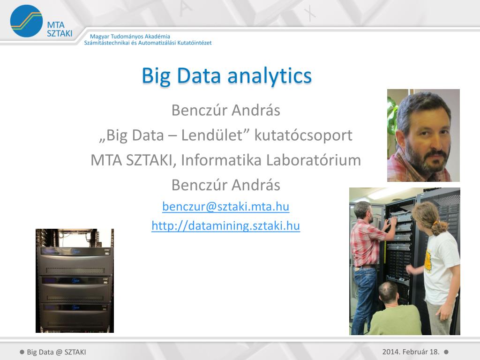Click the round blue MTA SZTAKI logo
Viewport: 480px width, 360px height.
coord(26,21)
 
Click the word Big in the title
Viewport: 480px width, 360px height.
coord(156,76)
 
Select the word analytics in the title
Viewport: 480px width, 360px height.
coord(270,76)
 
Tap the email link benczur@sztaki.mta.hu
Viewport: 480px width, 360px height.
coord(225,206)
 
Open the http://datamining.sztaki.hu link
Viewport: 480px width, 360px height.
coord(225,225)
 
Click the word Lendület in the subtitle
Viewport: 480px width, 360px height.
coord(216,135)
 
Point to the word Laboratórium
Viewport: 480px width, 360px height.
coord(314,160)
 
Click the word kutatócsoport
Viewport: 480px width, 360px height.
coord(303,135)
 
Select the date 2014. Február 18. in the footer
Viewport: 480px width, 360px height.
coord(411,352)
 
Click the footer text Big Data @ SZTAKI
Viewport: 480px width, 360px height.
coord(56,352)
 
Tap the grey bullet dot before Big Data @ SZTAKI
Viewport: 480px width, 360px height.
coord(22,352)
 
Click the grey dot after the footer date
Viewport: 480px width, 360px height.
coord(446,352)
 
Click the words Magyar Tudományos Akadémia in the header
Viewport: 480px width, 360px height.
coord(130,37)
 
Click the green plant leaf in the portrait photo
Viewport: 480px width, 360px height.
coord(392,116)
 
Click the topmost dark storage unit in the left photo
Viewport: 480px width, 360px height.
coord(75,261)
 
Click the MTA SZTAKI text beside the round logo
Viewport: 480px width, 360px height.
coord(60,29)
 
